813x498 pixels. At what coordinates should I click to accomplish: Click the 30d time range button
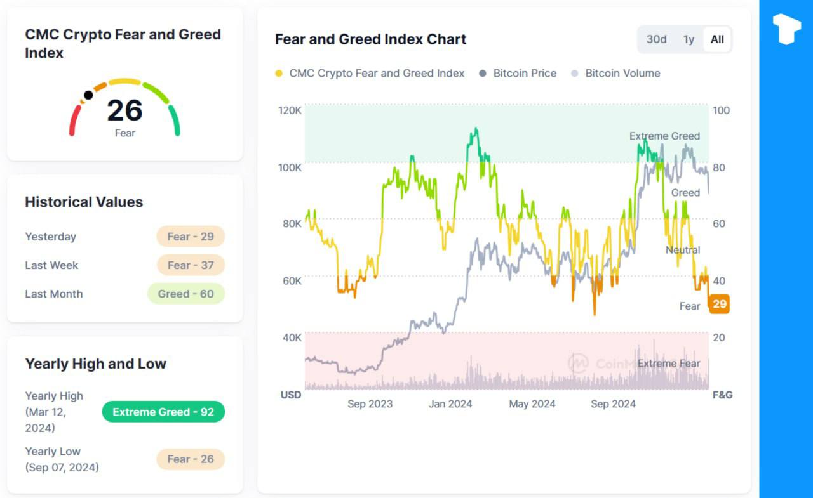656,39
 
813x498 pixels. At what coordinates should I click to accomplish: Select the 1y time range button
689,39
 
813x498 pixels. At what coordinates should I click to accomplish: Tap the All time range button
717,39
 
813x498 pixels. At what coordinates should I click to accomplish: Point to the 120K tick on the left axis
290,110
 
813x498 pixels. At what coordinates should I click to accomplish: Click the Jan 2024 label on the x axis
450,404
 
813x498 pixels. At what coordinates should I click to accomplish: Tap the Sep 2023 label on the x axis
370,404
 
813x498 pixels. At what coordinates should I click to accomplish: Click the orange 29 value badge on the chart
719,305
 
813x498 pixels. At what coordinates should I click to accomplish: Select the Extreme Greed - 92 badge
163,412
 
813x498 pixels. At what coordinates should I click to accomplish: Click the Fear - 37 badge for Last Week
191,265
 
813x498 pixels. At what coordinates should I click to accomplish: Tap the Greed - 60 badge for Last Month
186,294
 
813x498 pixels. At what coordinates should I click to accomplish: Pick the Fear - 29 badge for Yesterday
191,237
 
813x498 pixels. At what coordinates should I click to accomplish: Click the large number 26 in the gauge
124,110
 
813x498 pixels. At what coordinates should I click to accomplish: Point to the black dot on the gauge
88,95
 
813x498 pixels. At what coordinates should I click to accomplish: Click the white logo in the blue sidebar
786,29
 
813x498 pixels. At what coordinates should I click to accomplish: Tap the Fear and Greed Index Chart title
370,39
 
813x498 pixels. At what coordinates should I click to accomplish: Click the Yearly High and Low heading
95,364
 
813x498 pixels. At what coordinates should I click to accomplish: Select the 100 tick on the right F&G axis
721,110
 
